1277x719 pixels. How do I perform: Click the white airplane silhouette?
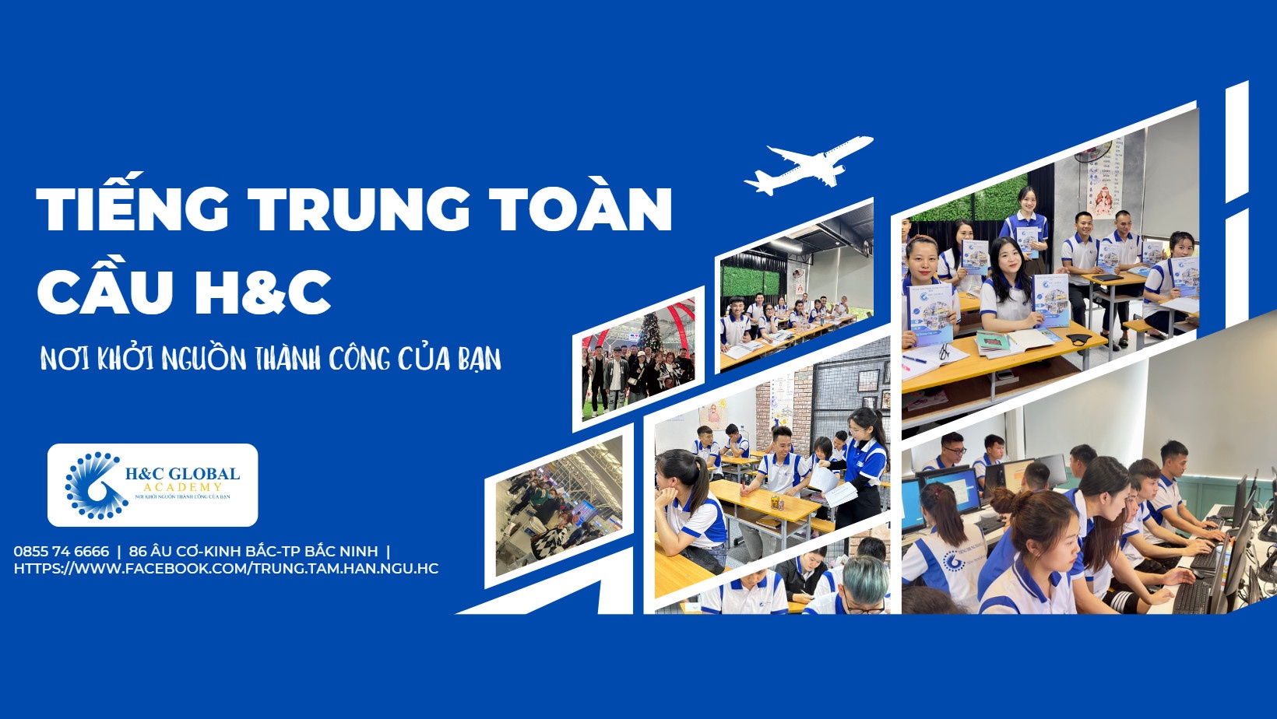[807, 164]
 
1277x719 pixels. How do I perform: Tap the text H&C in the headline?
[262, 292]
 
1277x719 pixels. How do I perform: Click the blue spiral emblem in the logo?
[95, 486]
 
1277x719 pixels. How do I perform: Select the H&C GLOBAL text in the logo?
[182, 474]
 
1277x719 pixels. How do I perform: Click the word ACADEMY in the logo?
[182, 487]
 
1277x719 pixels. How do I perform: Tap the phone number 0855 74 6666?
[62, 552]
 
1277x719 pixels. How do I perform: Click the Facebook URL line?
[226, 569]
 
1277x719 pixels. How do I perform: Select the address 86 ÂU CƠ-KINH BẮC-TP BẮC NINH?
[253, 552]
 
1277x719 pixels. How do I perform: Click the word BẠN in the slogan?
[479, 360]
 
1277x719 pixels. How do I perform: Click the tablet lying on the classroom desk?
[1108, 277]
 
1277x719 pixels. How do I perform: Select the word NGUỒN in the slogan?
[203, 359]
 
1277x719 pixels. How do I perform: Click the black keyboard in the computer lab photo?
[1191, 595]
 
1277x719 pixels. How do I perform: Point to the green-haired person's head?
[864, 576]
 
